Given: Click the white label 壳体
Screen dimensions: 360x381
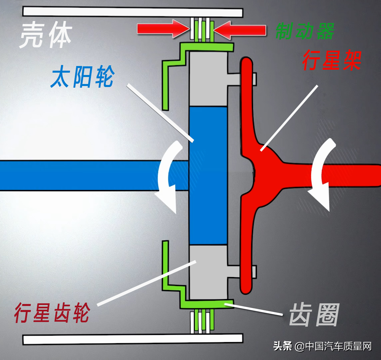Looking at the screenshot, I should click(x=45, y=35).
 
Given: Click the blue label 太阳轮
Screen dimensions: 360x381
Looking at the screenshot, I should click(x=82, y=77).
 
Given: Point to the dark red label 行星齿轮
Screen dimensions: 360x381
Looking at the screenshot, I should click(x=52, y=313).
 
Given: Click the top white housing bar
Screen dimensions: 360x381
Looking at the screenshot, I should click(x=133, y=12).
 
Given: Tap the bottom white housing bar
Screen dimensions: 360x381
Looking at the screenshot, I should click(x=133, y=339).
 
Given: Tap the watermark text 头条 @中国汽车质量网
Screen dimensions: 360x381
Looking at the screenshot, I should click(x=322, y=346).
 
